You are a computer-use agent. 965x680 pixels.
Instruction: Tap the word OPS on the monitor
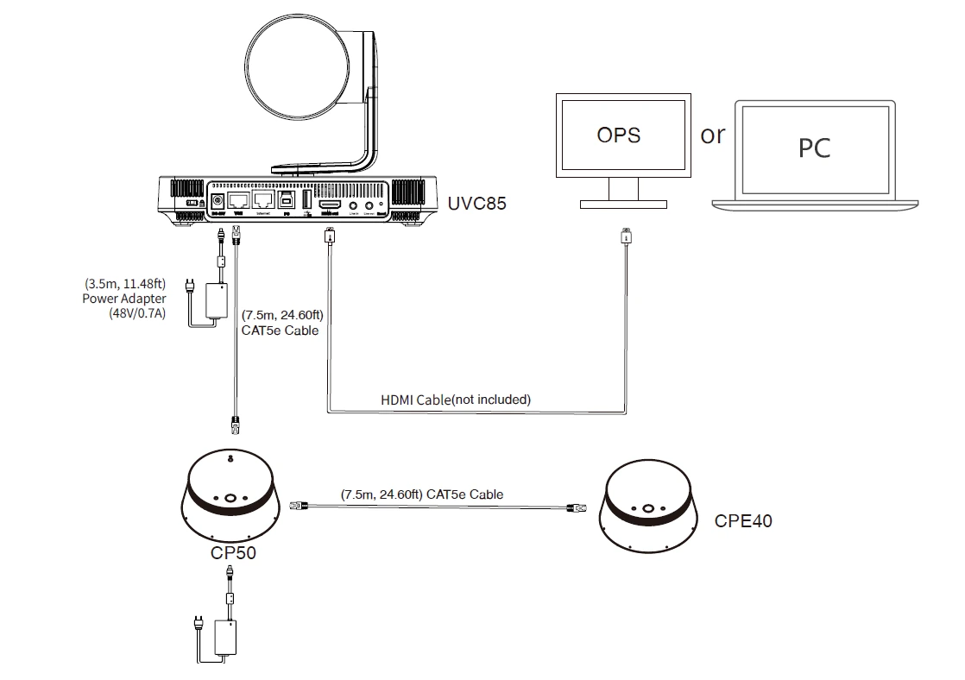(x=618, y=135)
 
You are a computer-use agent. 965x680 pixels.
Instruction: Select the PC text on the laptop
(x=814, y=148)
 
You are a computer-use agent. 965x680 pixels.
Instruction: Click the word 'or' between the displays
(x=713, y=135)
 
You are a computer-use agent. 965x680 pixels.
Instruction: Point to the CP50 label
(x=233, y=552)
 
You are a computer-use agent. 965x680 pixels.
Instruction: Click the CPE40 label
(x=743, y=521)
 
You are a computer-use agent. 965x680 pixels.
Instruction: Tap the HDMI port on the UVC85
(x=329, y=204)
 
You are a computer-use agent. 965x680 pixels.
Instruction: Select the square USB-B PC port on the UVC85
(x=286, y=201)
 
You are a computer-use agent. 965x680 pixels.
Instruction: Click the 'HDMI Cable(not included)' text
(x=456, y=400)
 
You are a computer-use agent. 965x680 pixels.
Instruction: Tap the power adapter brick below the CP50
(x=229, y=639)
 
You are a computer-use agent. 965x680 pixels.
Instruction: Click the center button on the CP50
(x=230, y=498)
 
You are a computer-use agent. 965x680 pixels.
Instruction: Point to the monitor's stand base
(x=622, y=204)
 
